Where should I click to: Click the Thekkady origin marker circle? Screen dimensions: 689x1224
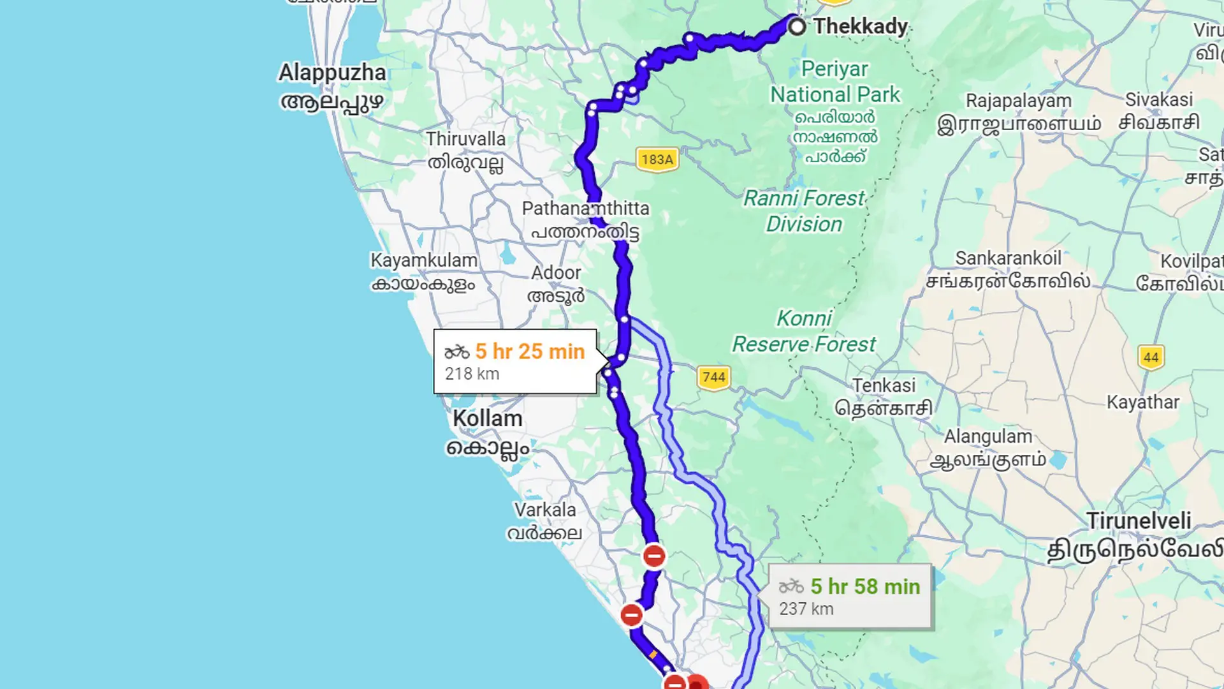click(x=797, y=27)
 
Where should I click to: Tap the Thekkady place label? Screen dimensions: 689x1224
click(x=860, y=27)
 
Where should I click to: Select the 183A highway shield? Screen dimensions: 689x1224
click(x=657, y=159)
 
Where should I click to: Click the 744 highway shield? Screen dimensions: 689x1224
click(x=713, y=378)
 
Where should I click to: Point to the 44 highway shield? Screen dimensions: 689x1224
click(x=1151, y=357)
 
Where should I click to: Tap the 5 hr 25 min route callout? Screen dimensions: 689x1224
click(x=515, y=361)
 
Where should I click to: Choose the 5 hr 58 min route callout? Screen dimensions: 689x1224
click(x=850, y=596)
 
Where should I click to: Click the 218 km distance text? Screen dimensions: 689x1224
click(x=472, y=374)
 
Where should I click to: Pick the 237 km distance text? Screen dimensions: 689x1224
click(x=806, y=609)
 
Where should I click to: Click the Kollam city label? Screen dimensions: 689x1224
click(x=488, y=419)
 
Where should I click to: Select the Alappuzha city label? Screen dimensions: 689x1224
click(x=332, y=73)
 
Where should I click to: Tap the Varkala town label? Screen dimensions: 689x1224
click(x=545, y=510)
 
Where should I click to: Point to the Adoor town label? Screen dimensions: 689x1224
click(x=556, y=273)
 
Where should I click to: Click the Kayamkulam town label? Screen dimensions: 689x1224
click(x=424, y=260)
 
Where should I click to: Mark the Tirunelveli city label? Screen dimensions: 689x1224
click(x=1139, y=521)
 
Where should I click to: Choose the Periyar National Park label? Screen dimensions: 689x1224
click(x=835, y=82)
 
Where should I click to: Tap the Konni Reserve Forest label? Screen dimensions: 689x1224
click(x=804, y=331)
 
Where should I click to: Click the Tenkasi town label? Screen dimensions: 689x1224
click(x=884, y=386)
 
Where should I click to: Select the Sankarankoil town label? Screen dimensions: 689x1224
click(x=1008, y=258)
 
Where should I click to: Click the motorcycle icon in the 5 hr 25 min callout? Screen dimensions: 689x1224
click(x=456, y=352)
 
